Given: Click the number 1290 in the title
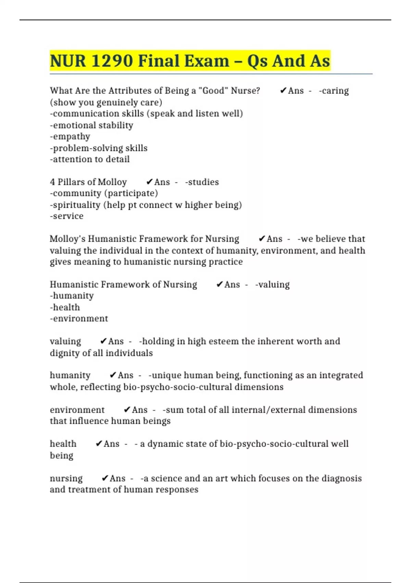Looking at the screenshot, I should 112,61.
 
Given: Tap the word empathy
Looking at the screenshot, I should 70,137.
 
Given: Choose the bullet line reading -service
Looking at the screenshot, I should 66,216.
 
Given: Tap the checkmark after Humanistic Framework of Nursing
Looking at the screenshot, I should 220,285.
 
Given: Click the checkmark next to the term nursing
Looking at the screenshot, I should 105,478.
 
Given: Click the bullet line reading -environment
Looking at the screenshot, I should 79,319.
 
